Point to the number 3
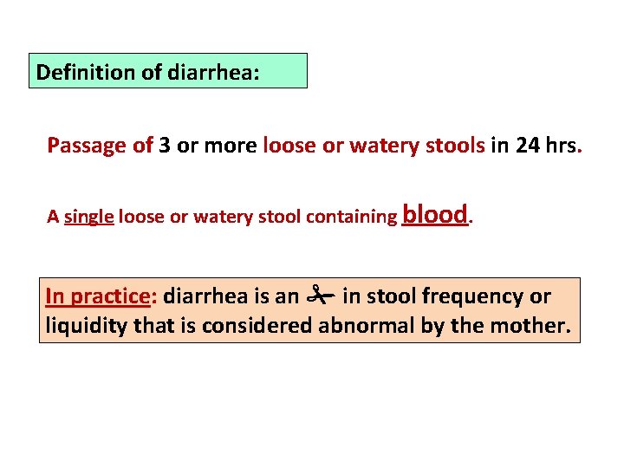(x=165, y=145)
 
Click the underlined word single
(x=89, y=218)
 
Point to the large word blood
(x=435, y=214)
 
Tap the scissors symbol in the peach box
(x=320, y=296)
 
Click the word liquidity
(x=85, y=326)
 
